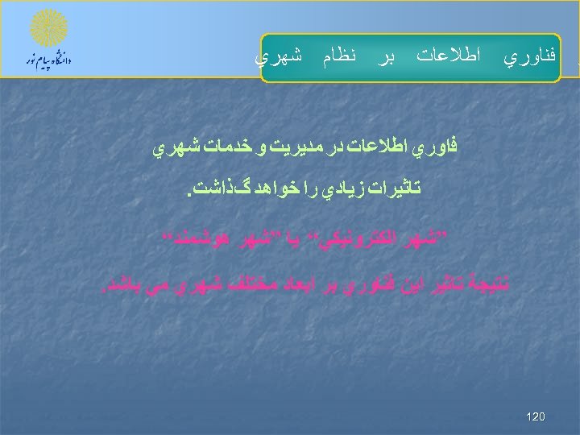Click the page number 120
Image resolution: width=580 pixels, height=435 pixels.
(x=535, y=416)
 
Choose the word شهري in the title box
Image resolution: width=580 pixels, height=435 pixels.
(x=279, y=57)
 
